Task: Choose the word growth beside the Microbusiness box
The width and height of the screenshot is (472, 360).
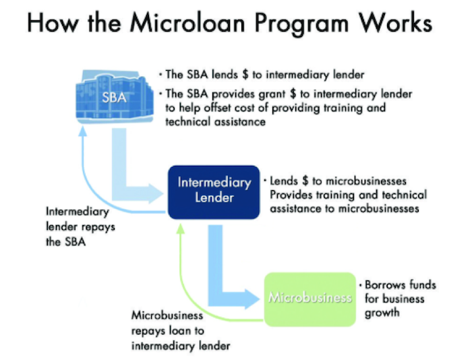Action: pos(383,313)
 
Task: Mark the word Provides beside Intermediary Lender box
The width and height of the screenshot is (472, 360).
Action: pos(293,195)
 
